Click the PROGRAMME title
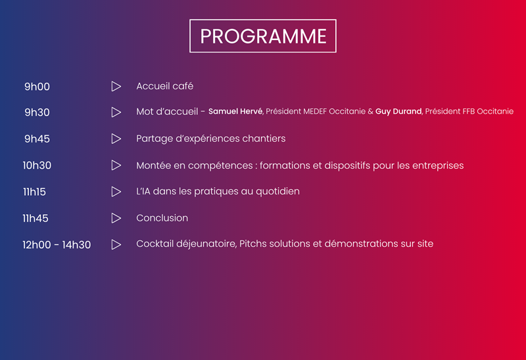pyautogui.click(x=263, y=36)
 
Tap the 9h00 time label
pyautogui.click(x=37, y=87)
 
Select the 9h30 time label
pyautogui.click(x=37, y=112)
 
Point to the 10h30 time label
pyautogui.click(x=37, y=166)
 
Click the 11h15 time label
pyautogui.click(x=34, y=192)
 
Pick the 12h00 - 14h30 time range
pyautogui.click(x=57, y=244)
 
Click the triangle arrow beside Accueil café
pyautogui.click(x=116, y=86)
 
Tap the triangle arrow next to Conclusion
pyautogui.click(x=116, y=218)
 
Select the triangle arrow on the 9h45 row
pyautogui.click(x=116, y=139)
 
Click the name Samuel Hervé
pyautogui.click(x=235, y=111)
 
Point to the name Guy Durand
pyautogui.click(x=398, y=111)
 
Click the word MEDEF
pyautogui.click(x=315, y=112)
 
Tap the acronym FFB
pyautogui.click(x=468, y=112)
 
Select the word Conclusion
pyautogui.click(x=162, y=218)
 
